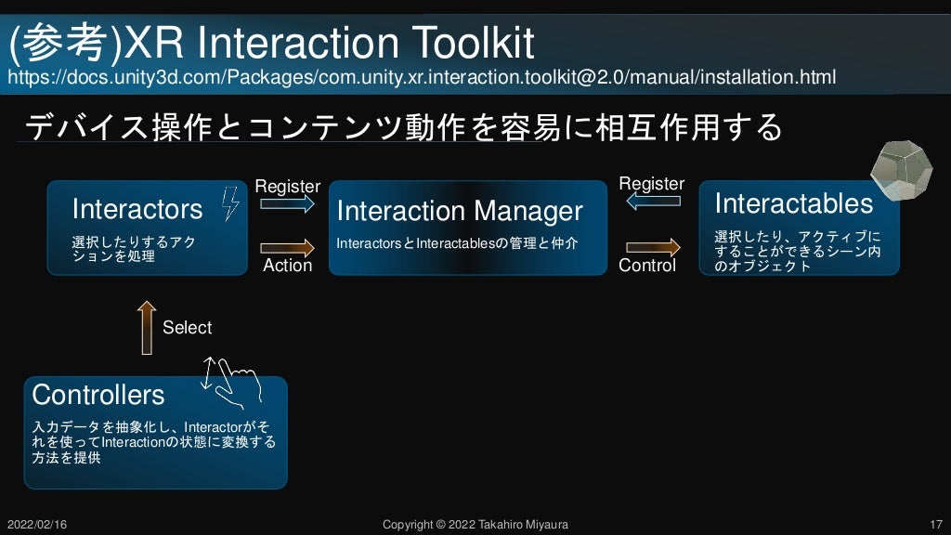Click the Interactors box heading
click(x=137, y=209)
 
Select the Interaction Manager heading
click(x=459, y=211)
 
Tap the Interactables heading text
click(x=793, y=203)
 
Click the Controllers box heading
click(x=98, y=395)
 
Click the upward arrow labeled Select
click(x=146, y=327)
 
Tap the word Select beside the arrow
click(x=187, y=328)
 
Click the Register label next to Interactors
click(x=287, y=187)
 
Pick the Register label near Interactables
click(x=651, y=184)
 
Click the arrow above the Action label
click(x=288, y=247)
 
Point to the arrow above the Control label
click(x=653, y=247)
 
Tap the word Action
click(x=288, y=266)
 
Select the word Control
click(x=647, y=266)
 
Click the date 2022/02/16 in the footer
click(x=36, y=525)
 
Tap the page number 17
click(x=935, y=525)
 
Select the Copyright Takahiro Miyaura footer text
click(x=475, y=525)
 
